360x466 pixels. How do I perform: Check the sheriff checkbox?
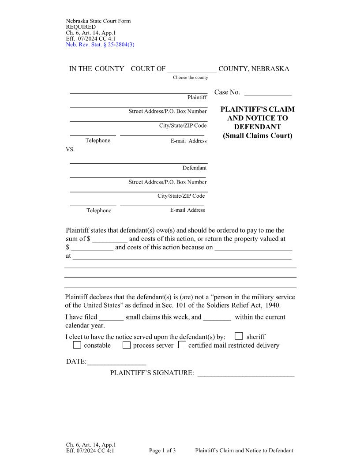coord(239,336)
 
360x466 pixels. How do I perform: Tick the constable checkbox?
coord(77,345)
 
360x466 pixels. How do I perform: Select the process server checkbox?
coord(127,345)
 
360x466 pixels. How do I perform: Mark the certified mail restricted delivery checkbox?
coord(182,345)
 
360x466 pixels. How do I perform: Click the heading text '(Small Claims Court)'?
coord(258,135)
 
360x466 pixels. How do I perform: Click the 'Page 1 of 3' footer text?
coord(162,451)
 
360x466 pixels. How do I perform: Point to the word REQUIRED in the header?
coord(81,27)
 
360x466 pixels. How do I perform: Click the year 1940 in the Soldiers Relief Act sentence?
coord(273,305)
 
